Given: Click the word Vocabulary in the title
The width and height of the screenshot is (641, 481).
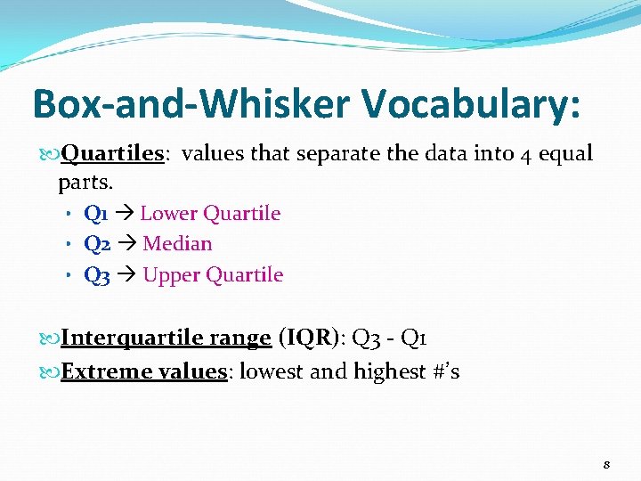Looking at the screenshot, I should pos(471,105).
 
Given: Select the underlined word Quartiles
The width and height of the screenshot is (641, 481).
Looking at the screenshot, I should pos(112,154).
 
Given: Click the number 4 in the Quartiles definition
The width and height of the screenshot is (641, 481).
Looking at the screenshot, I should pos(527,154).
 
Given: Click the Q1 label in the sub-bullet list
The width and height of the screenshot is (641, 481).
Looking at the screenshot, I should pos(95,214).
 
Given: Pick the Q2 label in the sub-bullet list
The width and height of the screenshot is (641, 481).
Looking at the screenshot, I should pos(97,244).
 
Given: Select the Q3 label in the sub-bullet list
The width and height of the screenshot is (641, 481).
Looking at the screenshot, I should pos(97,275).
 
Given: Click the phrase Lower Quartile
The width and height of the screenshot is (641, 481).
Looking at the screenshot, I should pos(210,214).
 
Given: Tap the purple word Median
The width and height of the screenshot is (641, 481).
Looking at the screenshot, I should pos(177,244).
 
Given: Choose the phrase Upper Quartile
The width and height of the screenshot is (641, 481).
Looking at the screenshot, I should pos(213,275).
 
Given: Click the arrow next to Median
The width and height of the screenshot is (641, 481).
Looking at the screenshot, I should pos(126,244).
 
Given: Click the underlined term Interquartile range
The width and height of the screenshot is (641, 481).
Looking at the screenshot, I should pos(166,339).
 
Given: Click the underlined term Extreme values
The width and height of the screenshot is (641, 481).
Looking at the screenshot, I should pos(143,371).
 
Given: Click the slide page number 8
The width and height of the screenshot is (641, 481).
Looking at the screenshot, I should pos(606,465).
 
